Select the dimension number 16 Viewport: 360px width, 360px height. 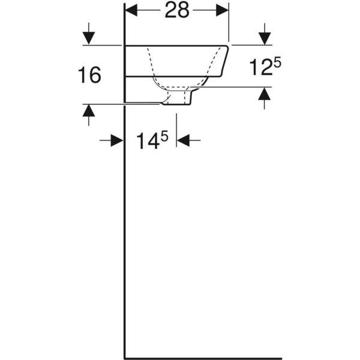[89, 75]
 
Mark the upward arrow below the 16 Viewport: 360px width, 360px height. [89, 110]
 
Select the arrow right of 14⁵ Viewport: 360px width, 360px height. [184, 140]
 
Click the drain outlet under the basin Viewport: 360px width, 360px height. [178, 101]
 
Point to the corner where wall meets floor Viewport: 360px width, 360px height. [124, 356]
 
